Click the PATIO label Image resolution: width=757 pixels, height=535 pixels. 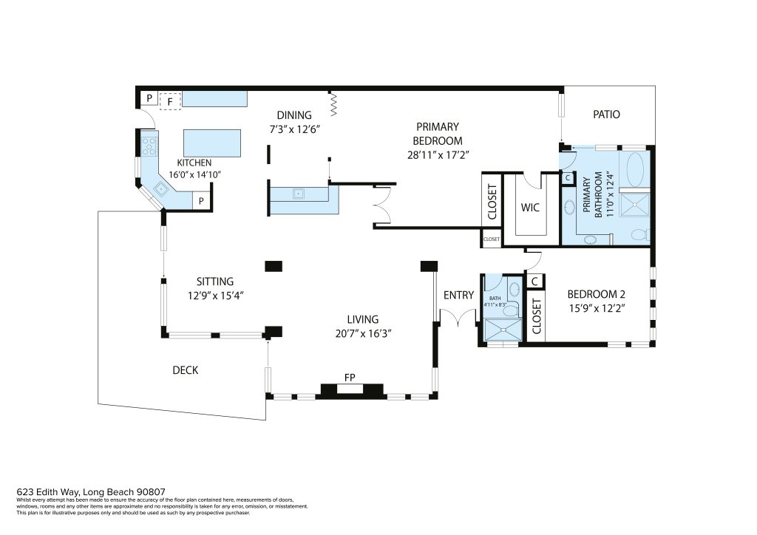(606, 115)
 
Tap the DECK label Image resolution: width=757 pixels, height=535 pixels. (186, 370)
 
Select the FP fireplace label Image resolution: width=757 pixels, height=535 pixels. (350, 378)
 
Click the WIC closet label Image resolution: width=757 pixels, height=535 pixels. (529, 208)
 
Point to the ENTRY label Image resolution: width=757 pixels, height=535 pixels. (458, 296)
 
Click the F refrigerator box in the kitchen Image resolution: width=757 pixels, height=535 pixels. (170, 101)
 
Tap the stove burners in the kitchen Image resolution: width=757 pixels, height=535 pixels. (149, 146)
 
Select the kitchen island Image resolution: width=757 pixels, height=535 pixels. (212, 143)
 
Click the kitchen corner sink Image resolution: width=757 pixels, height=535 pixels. (160, 189)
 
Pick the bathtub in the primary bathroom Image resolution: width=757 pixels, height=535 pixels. (635, 168)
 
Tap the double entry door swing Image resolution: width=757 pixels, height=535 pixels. (458, 317)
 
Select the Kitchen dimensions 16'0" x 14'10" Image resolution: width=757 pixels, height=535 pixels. (194, 174)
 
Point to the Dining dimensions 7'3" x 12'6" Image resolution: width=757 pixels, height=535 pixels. (294, 129)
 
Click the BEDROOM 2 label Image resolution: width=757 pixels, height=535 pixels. (597, 294)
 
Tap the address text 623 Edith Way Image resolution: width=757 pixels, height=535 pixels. (48, 492)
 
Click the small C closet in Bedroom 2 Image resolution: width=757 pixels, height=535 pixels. (534, 282)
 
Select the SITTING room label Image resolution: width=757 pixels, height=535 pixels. (215, 282)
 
